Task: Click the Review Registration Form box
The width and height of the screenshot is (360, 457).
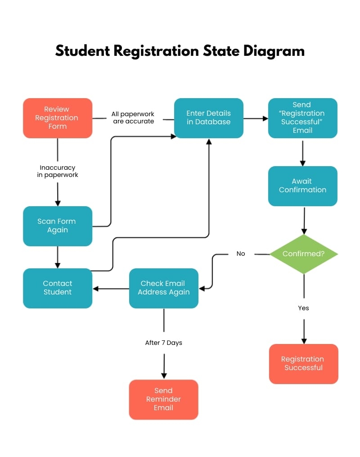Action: click(x=58, y=118)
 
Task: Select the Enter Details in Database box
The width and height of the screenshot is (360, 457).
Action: click(x=209, y=118)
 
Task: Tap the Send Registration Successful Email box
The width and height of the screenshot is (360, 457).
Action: click(x=302, y=118)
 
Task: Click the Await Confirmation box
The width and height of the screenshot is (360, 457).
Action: click(x=302, y=186)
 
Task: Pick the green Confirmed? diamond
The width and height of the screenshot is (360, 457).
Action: click(x=303, y=254)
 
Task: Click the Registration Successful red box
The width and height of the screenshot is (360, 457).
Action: click(x=303, y=364)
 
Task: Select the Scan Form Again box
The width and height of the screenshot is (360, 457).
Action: click(x=58, y=226)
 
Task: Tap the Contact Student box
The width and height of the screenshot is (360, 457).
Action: click(x=58, y=288)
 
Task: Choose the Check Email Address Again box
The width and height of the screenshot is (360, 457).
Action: click(x=164, y=288)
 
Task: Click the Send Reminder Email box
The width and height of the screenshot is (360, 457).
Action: click(x=164, y=399)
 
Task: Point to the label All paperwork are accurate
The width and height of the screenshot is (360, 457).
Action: click(x=133, y=118)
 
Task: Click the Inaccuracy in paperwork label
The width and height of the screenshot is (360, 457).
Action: click(x=58, y=172)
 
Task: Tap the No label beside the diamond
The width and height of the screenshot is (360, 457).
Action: click(x=241, y=254)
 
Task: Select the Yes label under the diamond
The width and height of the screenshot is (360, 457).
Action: click(x=303, y=308)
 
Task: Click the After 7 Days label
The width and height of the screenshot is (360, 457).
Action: click(x=164, y=343)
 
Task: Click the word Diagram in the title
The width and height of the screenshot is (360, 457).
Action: click(x=274, y=50)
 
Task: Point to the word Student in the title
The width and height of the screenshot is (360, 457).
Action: click(x=83, y=50)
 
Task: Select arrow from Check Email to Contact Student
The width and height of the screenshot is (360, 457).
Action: click(x=111, y=289)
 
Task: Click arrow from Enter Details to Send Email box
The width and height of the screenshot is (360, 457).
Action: click(x=256, y=119)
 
